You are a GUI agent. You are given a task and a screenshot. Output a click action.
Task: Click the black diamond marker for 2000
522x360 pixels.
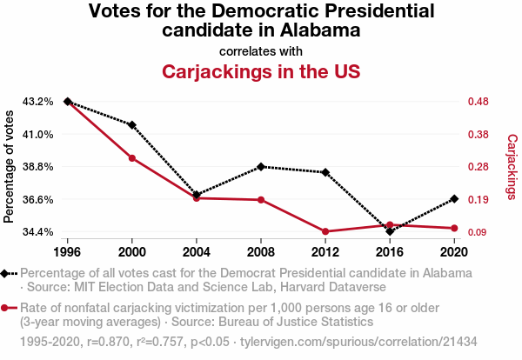tap(131, 125)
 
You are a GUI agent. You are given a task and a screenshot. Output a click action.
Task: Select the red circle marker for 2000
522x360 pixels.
tap(131, 158)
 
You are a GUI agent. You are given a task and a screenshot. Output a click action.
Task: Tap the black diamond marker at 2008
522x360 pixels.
tap(260, 166)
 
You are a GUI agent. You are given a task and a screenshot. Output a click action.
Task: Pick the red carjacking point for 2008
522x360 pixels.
tap(260, 200)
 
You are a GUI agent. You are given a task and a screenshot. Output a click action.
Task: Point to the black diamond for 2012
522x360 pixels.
tap(325, 172)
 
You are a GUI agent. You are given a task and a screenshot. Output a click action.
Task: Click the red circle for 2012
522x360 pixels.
tap(325, 231)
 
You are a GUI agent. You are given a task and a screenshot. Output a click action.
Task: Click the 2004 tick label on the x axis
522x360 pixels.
tap(196, 252)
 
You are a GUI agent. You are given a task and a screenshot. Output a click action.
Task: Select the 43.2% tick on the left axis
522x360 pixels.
tap(38, 102)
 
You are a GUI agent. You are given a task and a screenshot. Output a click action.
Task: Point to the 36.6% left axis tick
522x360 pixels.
tap(38, 199)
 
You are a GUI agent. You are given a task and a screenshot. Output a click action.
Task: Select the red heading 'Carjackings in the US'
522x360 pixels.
tap(260, 70)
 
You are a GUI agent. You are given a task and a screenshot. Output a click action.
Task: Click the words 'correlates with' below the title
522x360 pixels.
tap(260, 50)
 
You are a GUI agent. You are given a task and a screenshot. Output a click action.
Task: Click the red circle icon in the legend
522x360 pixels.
tap(7, 308)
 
